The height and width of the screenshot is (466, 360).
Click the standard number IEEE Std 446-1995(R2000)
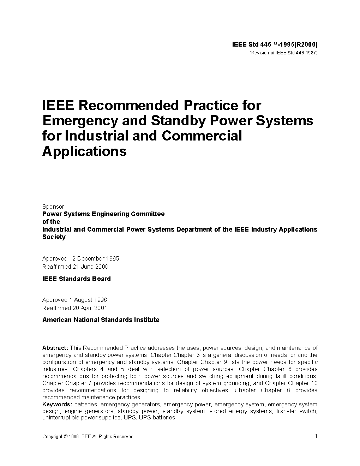click(x=275, y=44)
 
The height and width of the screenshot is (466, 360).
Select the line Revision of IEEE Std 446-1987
click(x=284, y=53)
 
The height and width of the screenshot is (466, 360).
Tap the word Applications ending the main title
click(x=84, y=151)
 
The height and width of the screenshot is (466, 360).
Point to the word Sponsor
click(x=53, y=207)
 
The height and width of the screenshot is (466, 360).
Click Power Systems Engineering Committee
click(x=103, y=214)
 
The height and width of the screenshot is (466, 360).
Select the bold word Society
click(x=54, y=237)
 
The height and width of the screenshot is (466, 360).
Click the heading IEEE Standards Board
click(x=77, y=279)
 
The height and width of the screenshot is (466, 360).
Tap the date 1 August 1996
click(x=88, y=300)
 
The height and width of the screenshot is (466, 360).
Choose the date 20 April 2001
click(x=90, y=308)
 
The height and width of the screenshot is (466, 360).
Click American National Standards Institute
click(x=101, y=320)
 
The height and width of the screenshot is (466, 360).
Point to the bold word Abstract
click(x=55, y=348)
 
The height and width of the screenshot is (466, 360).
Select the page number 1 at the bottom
click(x=316, y=436)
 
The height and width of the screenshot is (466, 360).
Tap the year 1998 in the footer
click(x=74, y=437)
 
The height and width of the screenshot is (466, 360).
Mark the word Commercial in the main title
click(x=202, y=136)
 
